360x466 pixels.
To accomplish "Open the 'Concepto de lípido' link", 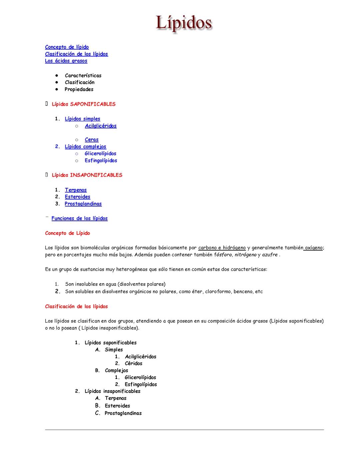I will tap(67, 47).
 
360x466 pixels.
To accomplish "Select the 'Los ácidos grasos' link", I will tap(66, 61).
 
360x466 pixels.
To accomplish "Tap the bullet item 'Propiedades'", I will tap(79, 89).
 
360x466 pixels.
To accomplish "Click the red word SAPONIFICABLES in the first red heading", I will tap(93, 104).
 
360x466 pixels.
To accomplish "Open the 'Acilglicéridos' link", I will tap(101, 126).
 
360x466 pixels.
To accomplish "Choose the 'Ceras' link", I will tap(92, 140).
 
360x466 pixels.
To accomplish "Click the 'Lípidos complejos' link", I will tap(85, 146).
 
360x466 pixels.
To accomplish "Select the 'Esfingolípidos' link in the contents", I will tap(101, 160).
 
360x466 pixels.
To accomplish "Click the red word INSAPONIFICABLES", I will tap(96, 175).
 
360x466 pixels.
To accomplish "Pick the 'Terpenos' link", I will tap(76, 190).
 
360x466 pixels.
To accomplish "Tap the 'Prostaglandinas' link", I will tap(83, 204).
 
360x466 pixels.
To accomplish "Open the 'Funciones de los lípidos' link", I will tap(79, 218).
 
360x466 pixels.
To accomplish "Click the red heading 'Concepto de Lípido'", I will tap(67, 233).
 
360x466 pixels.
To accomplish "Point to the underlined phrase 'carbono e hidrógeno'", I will tap(222, 248).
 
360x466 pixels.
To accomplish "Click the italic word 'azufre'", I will tap(270, 255).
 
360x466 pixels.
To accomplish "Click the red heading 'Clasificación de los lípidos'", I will tap(76, 306).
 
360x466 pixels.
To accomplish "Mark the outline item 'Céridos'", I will tap(133, 364).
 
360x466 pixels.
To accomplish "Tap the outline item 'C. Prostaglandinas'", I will tap(123, 413).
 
